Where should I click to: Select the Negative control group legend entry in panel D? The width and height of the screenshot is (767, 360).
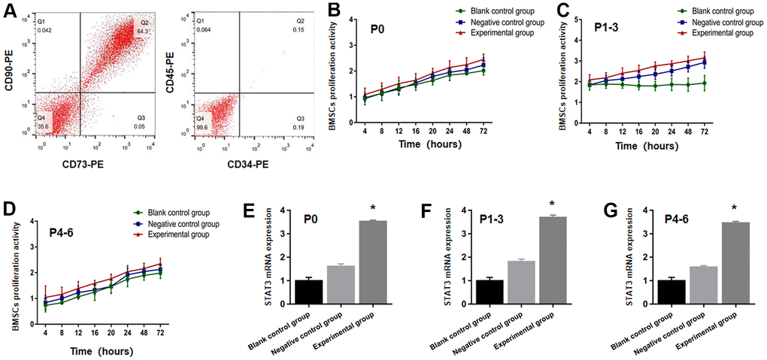[177, 224]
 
